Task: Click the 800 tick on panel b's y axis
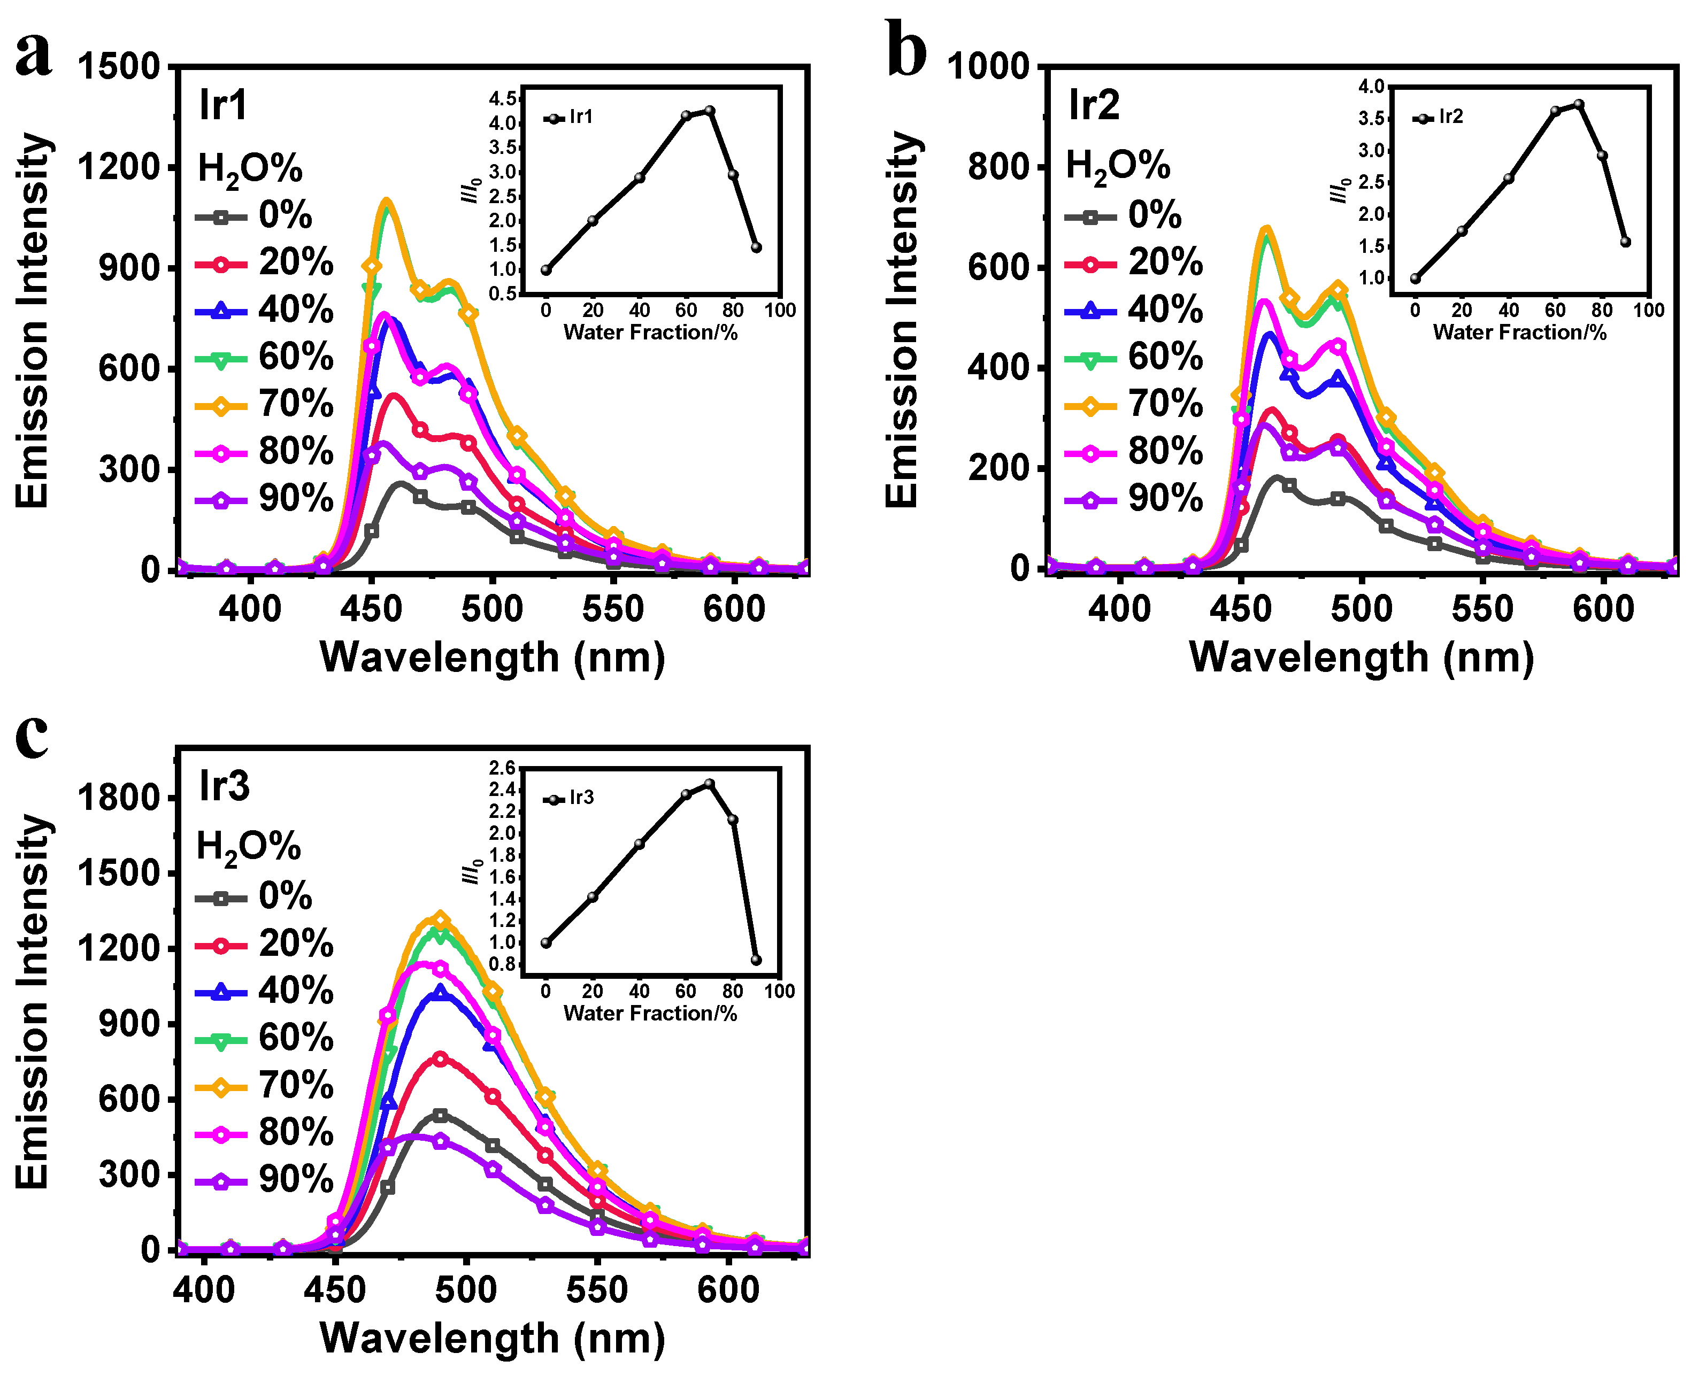pos(997,167)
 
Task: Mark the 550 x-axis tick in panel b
pos(1482,609)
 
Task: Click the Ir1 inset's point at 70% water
pos(710,111)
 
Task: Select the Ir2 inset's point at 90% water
pos(1625,242)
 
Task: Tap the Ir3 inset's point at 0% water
pos(545,943)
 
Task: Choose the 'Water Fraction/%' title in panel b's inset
pos(1519,332)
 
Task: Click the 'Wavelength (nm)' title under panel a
pos(491,657)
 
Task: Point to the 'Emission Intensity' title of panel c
pos(33,1002)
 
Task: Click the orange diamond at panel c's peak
pos(441,919)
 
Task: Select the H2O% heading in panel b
pos(1118,166)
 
